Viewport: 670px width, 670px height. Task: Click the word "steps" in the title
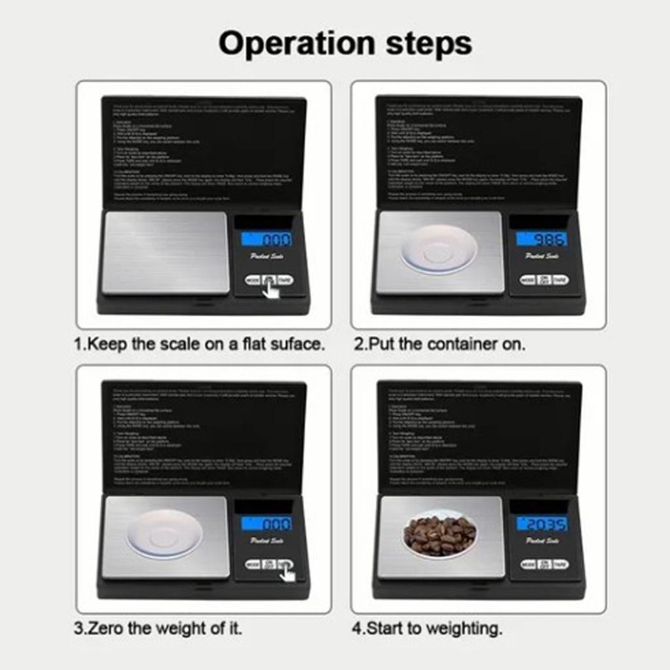pyautogui.click(x=427, y=44)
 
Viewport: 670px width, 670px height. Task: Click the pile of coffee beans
pyautogui.click(x=439, y=535)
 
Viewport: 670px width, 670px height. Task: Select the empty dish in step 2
pyautogui.click(x=439, y=249)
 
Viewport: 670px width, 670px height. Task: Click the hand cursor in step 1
pyautogui.click(x=271, y=289)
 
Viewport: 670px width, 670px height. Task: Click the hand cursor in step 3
pyautogui.click(x=286, y=573)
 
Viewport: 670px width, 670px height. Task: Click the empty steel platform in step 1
pyautogui.click(x=166, y=253)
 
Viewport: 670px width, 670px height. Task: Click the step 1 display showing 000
pyautogui.click(x=266, y=239)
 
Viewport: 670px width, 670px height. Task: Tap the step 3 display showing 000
pyautogui.click(x=266, y=523)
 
